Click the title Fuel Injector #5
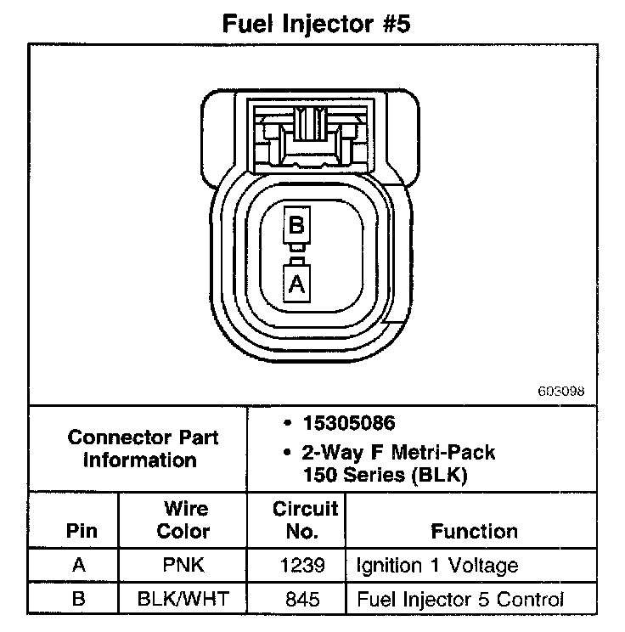[316, 23]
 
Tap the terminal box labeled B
[296, 225]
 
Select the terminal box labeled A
[296, 283]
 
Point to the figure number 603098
[561, 392]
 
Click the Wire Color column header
[184, 520]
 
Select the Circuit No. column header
[305, 520]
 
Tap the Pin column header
[81, 532]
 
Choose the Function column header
[474, 532]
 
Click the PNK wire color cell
[184, 566]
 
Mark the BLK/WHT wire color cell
[184, 600]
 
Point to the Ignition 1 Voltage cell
[436, 566]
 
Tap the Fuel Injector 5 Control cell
[459, 600]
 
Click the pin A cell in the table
[79, 566]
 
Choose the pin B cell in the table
[79, 600]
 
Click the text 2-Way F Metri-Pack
[399, 452]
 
